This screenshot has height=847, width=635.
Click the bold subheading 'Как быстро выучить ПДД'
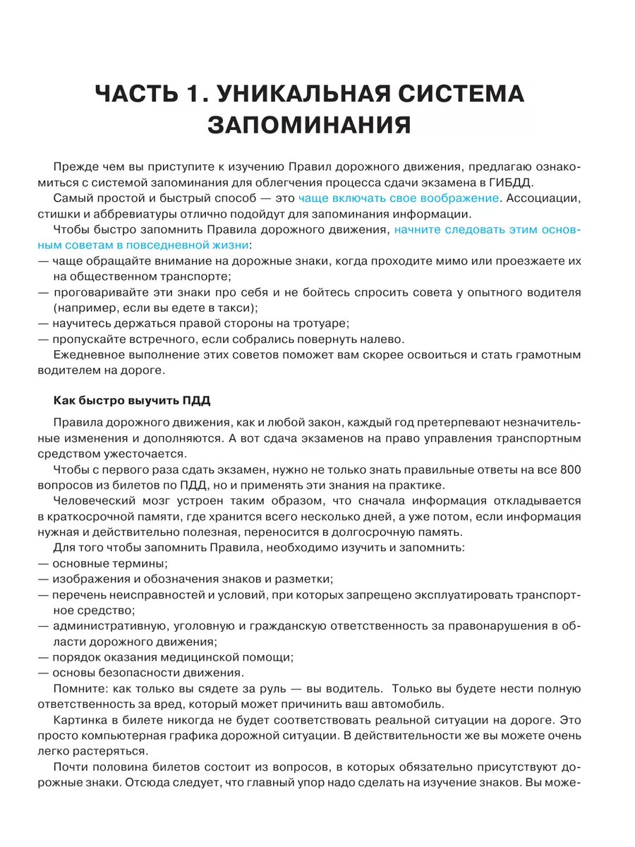click(131, 401)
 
